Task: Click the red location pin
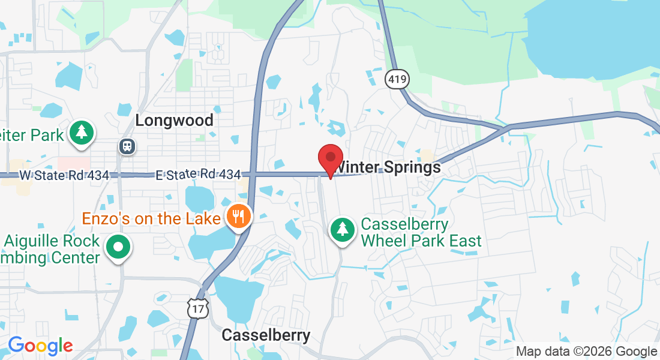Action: pos(330,159)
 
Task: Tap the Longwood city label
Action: pos(174,120)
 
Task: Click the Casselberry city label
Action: pos(266,335)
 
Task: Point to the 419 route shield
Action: pos(395,78)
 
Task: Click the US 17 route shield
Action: pos(197,308)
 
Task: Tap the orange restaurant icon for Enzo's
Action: pos(239,216)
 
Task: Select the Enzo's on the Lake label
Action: pos(151,218)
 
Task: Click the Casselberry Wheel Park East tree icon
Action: pos(342,230)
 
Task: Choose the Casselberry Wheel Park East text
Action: pos(421,233)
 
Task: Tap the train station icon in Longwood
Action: pos(127,146)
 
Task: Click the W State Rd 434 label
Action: pos(64,175)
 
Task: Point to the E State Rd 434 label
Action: pos(198,175)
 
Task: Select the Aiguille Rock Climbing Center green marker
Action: pos(118,247)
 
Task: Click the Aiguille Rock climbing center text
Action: pos(50,250)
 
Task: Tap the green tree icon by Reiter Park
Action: pos(80,134)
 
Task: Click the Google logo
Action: pos(40,346)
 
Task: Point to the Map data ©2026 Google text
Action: pos(587,352)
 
